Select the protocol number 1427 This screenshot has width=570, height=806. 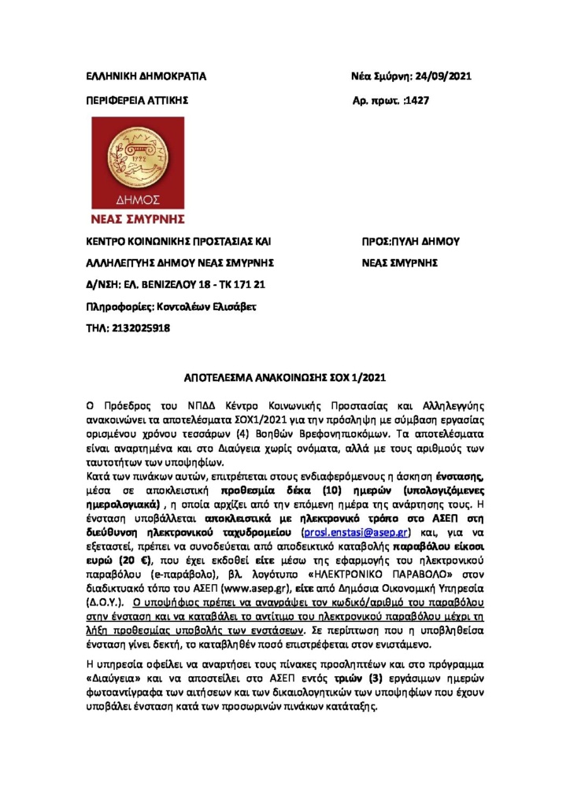[x=416, y=102]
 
